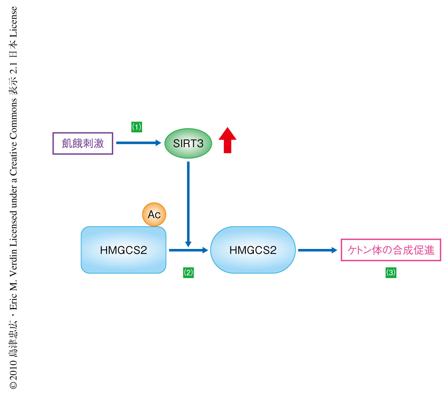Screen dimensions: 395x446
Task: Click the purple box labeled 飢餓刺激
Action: click(83, 143)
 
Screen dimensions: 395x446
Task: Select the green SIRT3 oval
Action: click(188, 143)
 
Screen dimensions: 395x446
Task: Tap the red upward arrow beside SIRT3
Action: click(227, 140)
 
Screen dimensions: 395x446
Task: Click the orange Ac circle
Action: click(154, 214)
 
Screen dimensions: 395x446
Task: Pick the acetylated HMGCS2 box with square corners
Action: click(123, 250)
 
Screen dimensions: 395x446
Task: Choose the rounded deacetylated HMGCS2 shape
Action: click(253, 250)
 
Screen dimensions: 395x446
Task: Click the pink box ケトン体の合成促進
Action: click(391, 250)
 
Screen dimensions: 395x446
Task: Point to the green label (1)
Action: click(137, 127)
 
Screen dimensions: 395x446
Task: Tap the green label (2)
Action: click(188, 273)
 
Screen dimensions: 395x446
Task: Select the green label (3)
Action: click(391, 273)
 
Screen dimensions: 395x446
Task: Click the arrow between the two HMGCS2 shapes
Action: click(188, 250)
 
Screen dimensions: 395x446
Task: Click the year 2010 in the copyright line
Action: click(13, 368)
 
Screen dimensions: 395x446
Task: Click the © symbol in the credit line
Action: click(13, 385)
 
